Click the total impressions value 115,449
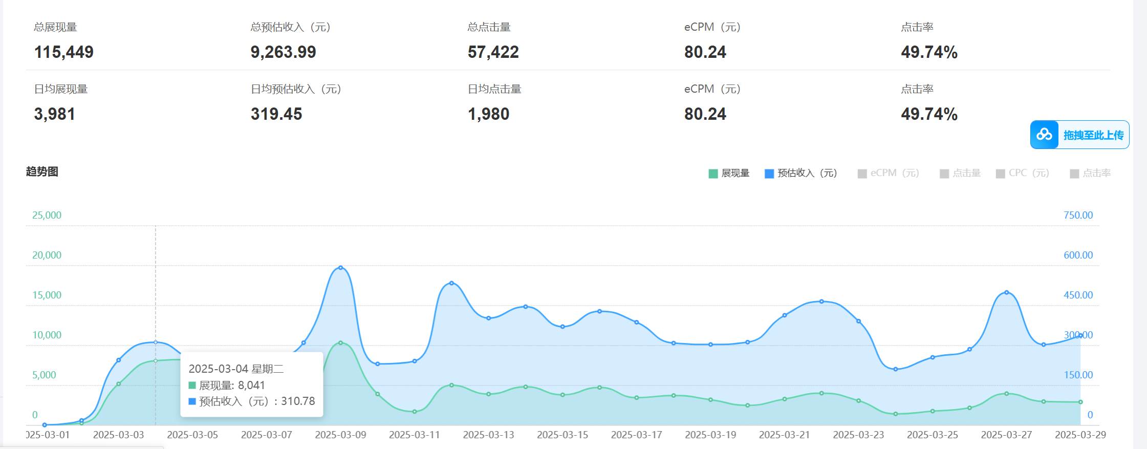point(63,52)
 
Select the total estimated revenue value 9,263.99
point(283,52)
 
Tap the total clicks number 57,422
point(493,52)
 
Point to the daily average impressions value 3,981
point(54,114)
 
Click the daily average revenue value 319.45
point(276,114)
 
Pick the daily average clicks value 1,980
point(488,114)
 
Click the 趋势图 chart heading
point(42,172)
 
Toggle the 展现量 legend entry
point(729,173)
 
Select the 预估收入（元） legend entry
point(801,173)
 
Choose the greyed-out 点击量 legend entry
point(960,173)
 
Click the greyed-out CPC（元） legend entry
point(1023,173)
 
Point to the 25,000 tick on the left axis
point(47,215)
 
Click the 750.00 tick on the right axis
point(1078,215)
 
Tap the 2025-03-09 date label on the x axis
point(340,435)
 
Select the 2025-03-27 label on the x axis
point(1006,435)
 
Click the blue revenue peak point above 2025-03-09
point(340,268)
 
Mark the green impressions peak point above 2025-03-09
point(340,343)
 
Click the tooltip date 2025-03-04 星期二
point(236,369)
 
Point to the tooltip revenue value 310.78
point(298,401)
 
